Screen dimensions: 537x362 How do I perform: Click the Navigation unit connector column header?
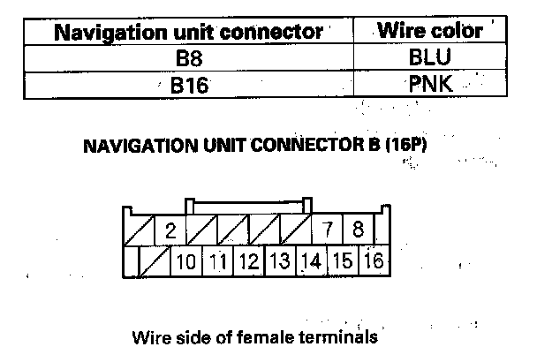point(188,33)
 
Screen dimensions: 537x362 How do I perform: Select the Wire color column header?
point(429,32)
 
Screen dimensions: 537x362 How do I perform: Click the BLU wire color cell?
point(429,59)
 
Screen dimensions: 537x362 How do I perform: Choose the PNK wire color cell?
point(429,86)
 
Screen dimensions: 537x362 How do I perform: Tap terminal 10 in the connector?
point(186,261)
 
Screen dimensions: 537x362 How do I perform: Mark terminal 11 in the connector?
point(218,261)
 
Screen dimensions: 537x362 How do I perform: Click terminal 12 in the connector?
point(249,261)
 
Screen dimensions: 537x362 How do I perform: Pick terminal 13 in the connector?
point(280,261)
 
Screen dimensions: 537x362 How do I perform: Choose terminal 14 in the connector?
point(311,261)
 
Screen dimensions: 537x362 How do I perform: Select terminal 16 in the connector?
point(373,261)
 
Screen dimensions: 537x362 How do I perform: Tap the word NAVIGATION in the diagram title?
point(132,146)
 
